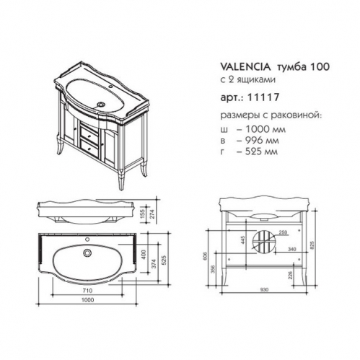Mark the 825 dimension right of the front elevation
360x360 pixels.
[312, 246]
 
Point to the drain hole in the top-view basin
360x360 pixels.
[89, 253]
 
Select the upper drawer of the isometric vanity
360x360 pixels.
[87, 131]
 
